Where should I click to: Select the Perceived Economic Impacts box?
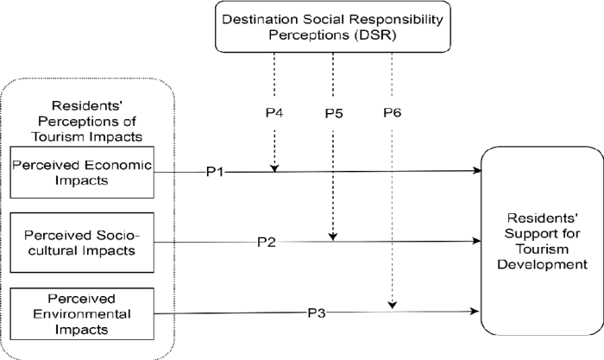coord(82,172)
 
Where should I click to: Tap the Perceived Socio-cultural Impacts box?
coord(82,243)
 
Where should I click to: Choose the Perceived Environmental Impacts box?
coord(82,313)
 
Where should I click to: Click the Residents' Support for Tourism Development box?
coord(541,241)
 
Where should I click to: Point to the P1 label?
coord(215,172)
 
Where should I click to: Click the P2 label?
coord(267,241)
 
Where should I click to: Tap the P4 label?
coord(274,113)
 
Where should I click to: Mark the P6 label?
coord(393,113)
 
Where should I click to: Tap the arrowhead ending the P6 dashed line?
coord(393,305)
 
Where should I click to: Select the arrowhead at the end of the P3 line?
coord(476,311)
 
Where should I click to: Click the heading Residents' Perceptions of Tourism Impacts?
coord(83,118)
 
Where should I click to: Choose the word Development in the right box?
coord(541,265)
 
